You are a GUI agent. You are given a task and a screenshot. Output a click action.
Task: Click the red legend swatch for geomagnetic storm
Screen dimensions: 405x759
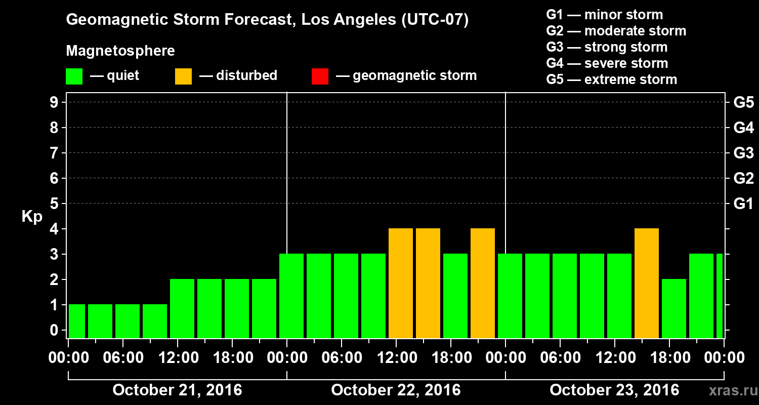click(320, 76)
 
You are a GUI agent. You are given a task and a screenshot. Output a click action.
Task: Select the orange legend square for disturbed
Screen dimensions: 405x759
click(183, 76)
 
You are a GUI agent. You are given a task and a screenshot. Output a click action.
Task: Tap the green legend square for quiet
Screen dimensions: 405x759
click(74, 76)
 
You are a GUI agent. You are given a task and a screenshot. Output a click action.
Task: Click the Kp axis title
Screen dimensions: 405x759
click(32, 217)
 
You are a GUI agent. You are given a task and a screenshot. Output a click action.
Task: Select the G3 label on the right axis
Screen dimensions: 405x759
click(743, 153)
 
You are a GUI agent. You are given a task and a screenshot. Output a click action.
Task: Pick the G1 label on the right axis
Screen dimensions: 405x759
click(743, 204)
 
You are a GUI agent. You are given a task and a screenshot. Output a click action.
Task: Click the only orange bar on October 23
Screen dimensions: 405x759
click(647, 283)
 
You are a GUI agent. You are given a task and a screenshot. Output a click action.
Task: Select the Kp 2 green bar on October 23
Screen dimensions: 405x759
click(674, 308)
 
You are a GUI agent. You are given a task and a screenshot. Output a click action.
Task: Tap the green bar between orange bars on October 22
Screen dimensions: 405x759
click(455, 296)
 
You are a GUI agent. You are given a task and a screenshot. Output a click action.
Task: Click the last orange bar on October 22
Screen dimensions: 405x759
click(483, 283)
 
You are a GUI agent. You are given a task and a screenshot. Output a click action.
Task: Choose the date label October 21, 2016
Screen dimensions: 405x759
click(177, 390)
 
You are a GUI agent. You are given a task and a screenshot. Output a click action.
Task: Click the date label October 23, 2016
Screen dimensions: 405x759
click(614, 390)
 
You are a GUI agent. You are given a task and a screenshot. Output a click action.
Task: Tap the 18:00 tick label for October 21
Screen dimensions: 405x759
click(233, 358)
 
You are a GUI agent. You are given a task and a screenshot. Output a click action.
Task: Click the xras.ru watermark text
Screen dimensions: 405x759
click(729, 390)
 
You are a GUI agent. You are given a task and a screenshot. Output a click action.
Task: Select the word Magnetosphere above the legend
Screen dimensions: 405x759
click(120, 51)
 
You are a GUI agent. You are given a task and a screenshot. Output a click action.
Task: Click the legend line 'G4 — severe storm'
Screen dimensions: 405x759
click(607, 63)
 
